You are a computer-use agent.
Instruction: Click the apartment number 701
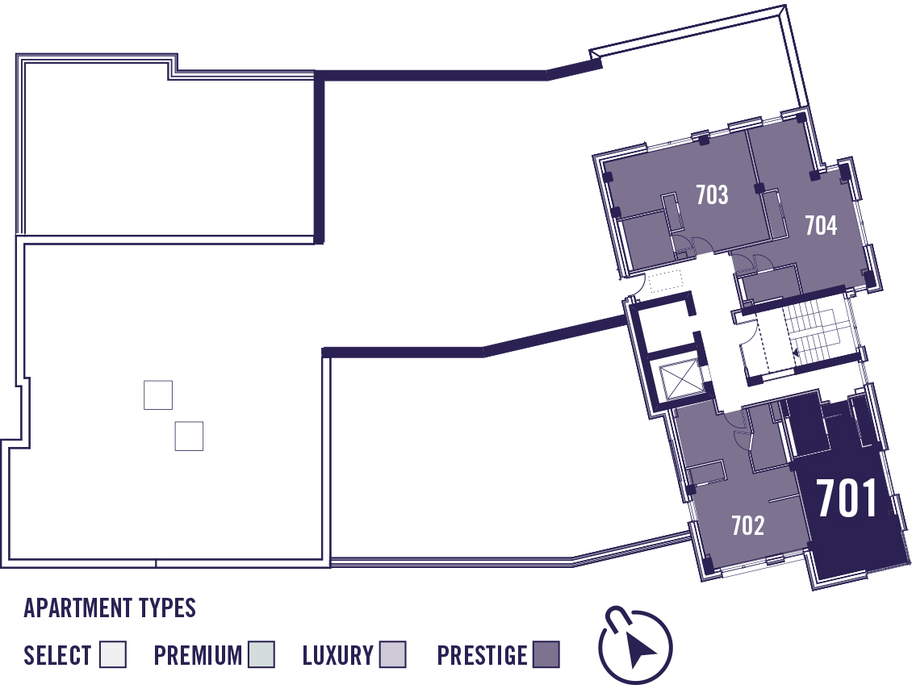(847, 499)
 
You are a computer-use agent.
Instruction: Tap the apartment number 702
(748, 525)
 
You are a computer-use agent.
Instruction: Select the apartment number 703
(712, 194)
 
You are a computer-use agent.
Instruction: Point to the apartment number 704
(821, 225)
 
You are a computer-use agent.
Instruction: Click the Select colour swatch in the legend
(113, 654)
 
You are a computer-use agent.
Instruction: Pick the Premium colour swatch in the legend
(261, 654)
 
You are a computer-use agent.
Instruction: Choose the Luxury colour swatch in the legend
(392, 654)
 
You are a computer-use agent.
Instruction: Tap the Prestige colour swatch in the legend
(546, 654)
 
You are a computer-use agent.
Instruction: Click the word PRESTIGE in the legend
(482, 655)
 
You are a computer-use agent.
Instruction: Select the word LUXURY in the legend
(338, 655)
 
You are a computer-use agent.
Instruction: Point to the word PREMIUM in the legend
(198, 655)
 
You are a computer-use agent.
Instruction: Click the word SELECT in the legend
(57, 655)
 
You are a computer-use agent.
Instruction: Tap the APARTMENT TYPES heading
(110, 608)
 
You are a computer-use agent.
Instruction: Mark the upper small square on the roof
(158, 395)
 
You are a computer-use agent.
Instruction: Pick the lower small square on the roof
(189, 436)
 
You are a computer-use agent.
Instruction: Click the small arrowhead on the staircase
(796, 352)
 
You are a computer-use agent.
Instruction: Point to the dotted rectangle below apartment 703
(665, 281)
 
